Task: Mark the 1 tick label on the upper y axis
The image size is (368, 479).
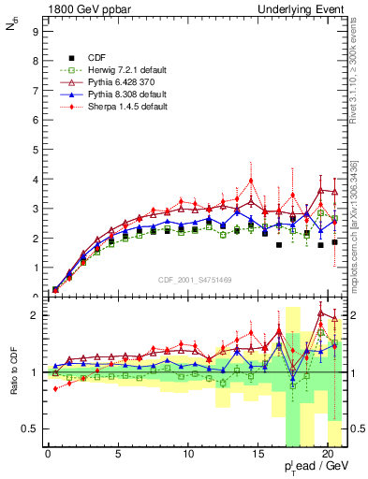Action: [35, 268]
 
